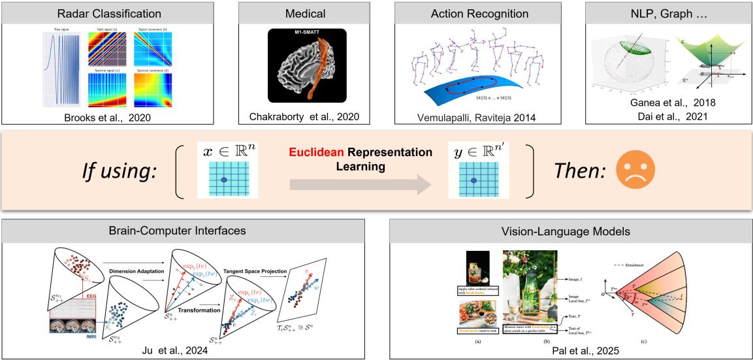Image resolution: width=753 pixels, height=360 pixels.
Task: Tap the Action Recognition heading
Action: click(x=479, y=12)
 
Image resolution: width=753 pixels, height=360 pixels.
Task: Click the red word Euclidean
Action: click(x=310, y=152)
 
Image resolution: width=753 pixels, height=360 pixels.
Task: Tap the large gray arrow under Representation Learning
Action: click(x=360, y=186)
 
